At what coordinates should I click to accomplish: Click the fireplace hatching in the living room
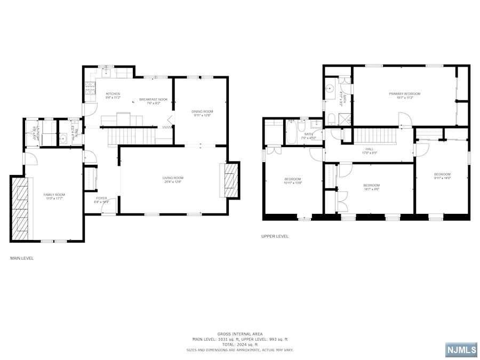click(230, 180)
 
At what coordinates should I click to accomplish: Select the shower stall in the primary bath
click(346, 118)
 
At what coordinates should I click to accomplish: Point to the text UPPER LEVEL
click(275, 236)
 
